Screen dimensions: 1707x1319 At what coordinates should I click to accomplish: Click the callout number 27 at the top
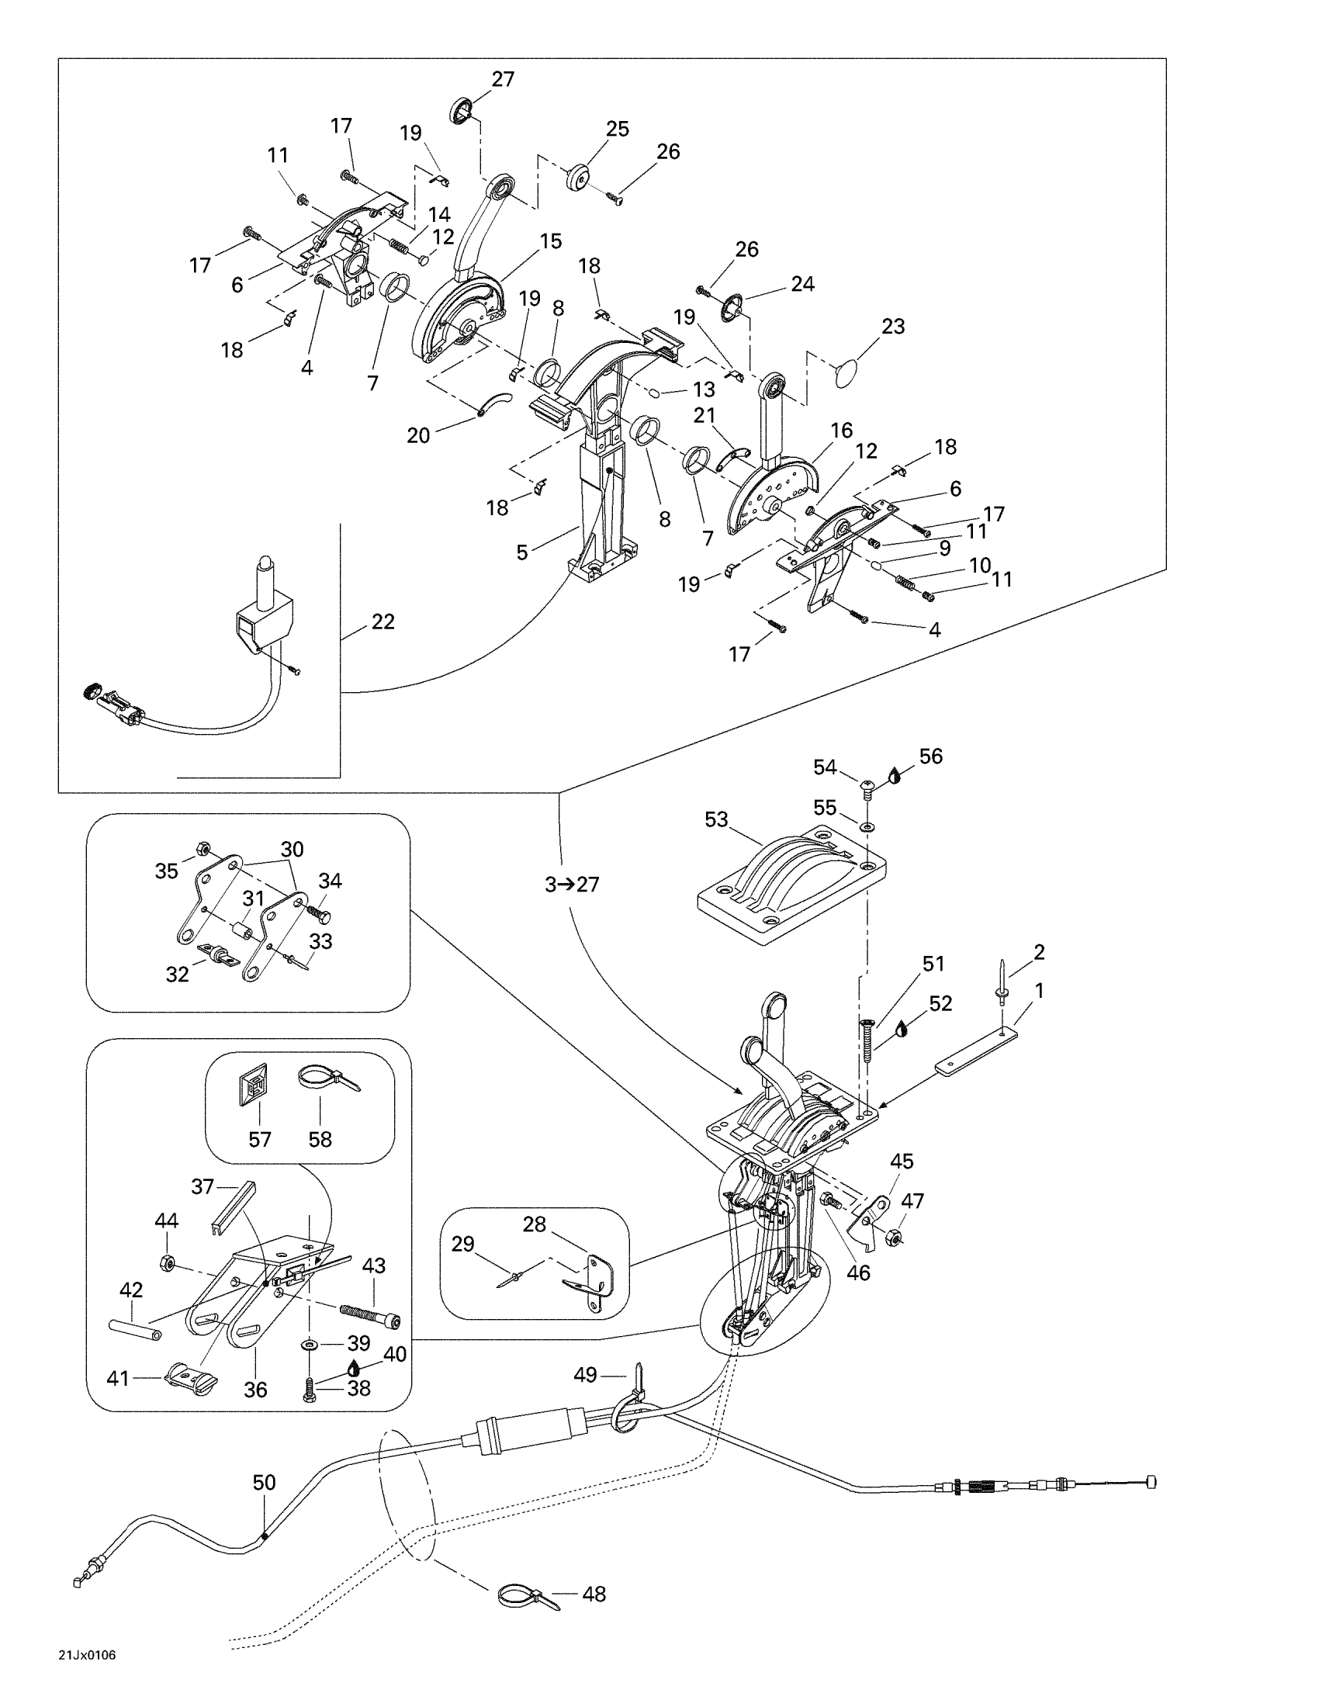[503, 79]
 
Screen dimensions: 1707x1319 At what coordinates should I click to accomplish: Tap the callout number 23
[893, 326]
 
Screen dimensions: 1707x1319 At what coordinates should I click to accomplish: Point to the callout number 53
[716, 819]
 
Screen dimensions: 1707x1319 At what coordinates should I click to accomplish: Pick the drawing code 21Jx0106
[87, 1676]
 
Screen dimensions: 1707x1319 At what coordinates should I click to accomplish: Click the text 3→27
[572, 884]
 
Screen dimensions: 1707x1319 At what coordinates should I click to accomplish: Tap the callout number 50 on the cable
[264, 1482]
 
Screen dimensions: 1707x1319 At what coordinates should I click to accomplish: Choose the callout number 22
[383, 622]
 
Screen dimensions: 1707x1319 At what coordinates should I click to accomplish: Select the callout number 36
[255, 1389]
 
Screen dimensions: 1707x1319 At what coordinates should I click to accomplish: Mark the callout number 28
[534, 1224]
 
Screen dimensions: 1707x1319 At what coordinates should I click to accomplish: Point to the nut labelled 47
[895, 1238]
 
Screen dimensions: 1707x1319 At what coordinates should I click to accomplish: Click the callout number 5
[522, 552]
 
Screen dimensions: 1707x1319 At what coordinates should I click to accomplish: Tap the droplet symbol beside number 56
[895, 775]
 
